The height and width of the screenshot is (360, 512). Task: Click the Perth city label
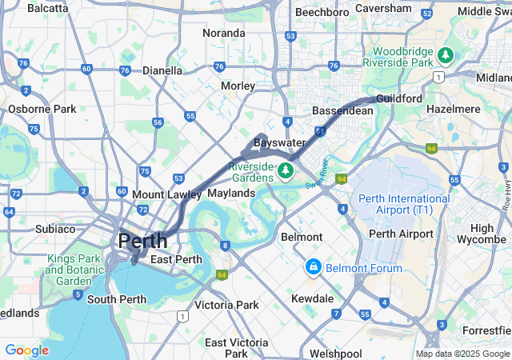point(143,240)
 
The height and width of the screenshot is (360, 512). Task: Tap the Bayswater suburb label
point(279,142)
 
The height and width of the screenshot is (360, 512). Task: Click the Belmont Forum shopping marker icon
point(314,266)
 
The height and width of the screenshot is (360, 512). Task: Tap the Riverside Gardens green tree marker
point(286,170)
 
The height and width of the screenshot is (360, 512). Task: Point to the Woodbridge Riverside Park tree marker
point(446,56)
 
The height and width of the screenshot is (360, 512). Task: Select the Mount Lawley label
point(165,194)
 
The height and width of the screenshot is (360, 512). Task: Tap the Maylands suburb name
point(231,193)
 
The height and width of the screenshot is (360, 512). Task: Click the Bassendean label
point(342,110)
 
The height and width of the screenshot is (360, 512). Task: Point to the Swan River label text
point(318,173)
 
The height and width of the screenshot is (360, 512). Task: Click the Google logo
point(26,350)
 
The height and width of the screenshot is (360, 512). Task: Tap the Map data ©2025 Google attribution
point(462,354)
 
